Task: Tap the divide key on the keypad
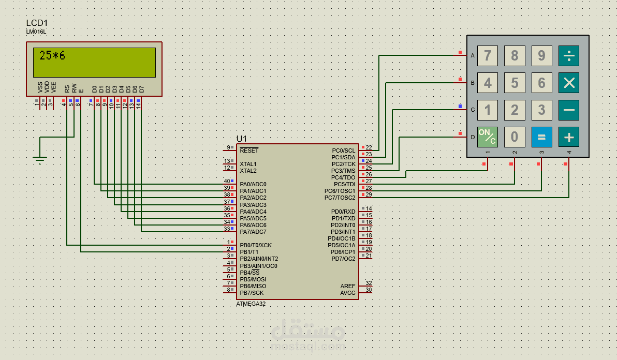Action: coord(568,56)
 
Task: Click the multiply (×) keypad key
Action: coord(568,83)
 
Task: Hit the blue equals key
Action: coord(541,137)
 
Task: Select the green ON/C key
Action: coord(488,137)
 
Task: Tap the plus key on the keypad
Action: coord(568,137)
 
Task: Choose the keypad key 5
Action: coord(515,83)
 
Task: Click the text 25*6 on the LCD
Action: coord(52,55)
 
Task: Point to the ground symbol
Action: coord(40,159)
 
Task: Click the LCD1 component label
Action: coord(37,23)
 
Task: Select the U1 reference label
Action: coord(241,139)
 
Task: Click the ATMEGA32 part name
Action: coord(251,304)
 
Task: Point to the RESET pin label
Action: coord(249,151)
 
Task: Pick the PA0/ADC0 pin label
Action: coord(253,184)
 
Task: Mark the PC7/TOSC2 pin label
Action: coord(340,198)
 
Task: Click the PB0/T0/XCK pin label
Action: coord(256,245)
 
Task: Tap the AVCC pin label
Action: coord(348,293)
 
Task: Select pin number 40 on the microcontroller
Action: coord(227,181)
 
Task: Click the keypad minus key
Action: coord(568,110)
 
